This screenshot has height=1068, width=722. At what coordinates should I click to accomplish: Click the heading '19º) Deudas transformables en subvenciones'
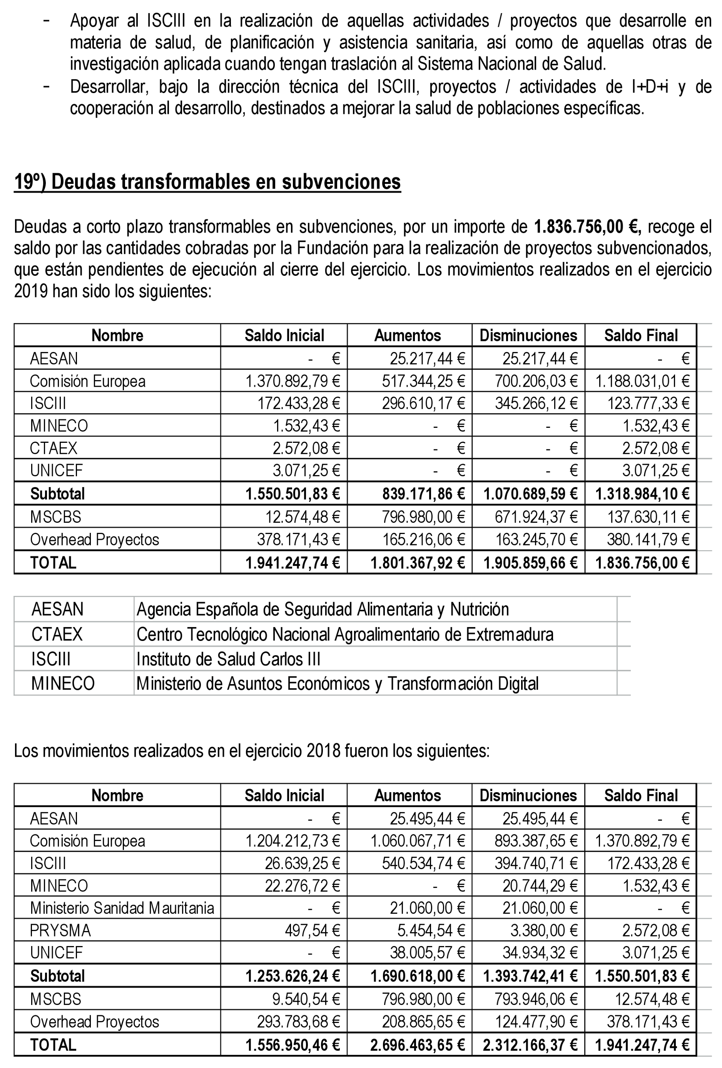207,182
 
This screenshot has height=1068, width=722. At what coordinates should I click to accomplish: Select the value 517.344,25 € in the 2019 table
423,381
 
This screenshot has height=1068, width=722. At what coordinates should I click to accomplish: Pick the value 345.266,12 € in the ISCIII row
536,404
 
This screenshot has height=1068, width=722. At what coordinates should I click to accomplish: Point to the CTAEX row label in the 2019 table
54,448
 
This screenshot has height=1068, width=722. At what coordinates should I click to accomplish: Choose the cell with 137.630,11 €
648,517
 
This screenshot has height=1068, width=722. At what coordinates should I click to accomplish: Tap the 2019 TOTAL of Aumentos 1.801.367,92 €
418,562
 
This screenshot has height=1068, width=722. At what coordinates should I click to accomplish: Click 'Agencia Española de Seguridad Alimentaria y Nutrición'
323,609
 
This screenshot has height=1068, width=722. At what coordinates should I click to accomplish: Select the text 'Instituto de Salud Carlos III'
228,659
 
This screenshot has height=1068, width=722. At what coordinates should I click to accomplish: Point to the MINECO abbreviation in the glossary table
63,683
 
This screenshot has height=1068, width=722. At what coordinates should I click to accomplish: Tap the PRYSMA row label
61,931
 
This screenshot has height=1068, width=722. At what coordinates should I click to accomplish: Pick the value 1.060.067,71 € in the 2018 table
418,841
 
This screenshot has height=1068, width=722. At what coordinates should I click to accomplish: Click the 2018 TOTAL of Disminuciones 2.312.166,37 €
530,1045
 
